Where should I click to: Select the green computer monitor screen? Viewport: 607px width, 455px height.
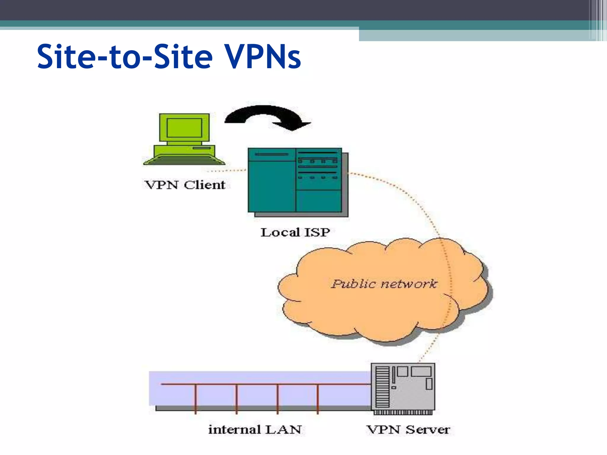click(x=184, y=128)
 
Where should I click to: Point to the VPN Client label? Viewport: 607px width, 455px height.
click(x=185, y=185)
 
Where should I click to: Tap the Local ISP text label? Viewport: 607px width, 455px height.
click(x=295, y=232)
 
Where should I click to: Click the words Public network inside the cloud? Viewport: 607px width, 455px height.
click(x=384, y=284)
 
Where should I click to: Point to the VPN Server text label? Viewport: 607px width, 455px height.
click(x=408, y=430)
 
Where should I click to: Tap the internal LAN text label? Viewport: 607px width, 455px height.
click(x=255, y=430)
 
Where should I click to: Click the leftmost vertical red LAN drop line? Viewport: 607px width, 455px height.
click(x=196, y=398)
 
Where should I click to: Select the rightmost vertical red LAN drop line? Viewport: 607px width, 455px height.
click(x=318, y=398)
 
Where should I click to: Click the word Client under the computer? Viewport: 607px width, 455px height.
click(x=204, y=185)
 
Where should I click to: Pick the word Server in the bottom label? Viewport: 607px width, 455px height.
click(x=427, y=430)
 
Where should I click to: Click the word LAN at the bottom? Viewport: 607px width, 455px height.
click(x=283, y=430)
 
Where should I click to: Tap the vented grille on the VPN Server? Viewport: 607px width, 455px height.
click(x=382, y=387)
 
